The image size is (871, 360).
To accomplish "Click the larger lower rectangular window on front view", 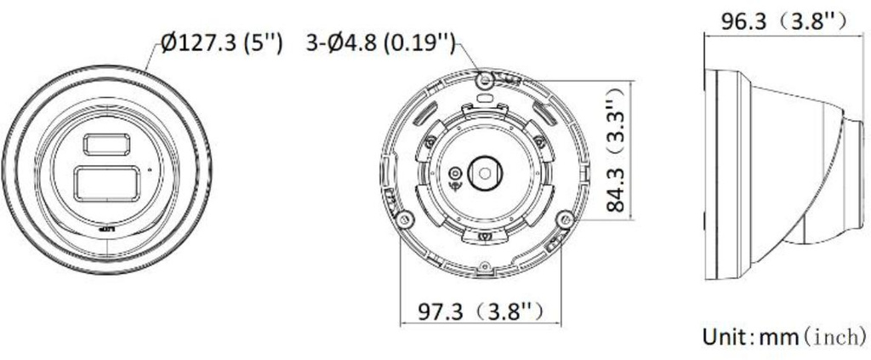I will click(105, 182).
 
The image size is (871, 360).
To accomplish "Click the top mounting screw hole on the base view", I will click(484, 80).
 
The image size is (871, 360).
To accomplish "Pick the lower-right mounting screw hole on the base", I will click(561, 219).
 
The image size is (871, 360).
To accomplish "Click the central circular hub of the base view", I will click(484, 171).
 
